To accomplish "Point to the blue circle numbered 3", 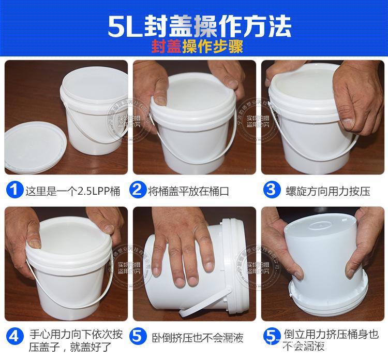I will coord(270,190).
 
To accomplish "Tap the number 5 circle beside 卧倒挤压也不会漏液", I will coord(138,335).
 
